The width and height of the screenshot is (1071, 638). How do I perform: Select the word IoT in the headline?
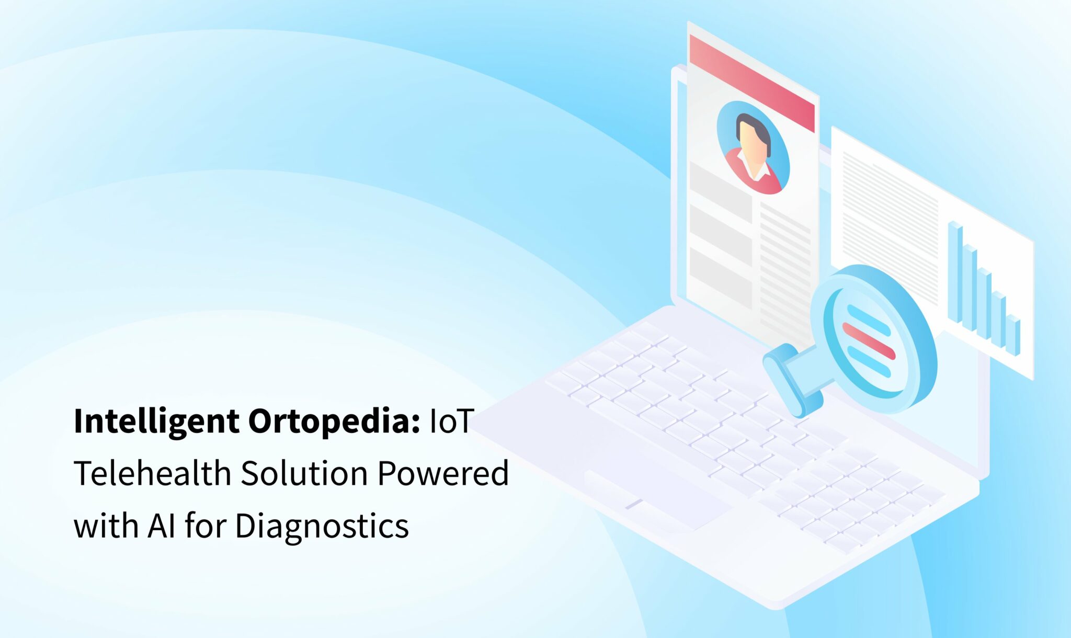click(451, 421)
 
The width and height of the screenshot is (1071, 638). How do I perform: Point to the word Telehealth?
click(153, 473)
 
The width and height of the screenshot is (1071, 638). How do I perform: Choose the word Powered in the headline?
click(443, 473)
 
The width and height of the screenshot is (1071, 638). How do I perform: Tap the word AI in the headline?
click(162, 526)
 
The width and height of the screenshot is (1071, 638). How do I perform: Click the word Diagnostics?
click(322, 526)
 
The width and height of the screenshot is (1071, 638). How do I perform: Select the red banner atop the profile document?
click(752, 83)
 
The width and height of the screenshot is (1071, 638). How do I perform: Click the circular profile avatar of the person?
click(753, 148)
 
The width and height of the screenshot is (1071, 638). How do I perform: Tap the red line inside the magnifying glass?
click(869, 341)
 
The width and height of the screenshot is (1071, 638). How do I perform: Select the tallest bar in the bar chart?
click(955, 272)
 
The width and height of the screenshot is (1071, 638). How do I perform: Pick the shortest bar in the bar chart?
click(1014, 335)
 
